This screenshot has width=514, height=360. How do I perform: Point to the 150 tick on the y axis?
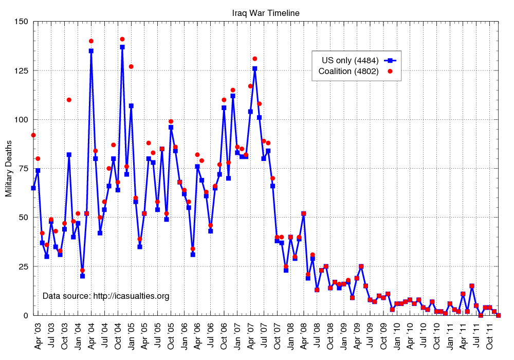[x=21, y=22]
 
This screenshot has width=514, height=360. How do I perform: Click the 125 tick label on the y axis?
[x=21, y=70]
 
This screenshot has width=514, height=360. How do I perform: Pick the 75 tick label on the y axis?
[x=23, y=168]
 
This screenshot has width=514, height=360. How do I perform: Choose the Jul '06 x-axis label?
[x=211, y=336]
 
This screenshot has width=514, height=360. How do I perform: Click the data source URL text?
[x=105, y=296]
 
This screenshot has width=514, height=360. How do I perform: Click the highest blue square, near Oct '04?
[x=122, y=47]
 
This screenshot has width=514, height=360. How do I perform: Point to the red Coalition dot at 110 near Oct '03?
[x=69, y=100]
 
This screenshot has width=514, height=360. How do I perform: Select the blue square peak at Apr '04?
[x=91, y=51]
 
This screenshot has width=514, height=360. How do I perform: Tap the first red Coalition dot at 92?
[x=33, y=135]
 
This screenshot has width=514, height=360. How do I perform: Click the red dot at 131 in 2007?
[x=254, y=59]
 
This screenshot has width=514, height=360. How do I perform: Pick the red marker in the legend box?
[x=390, y=71]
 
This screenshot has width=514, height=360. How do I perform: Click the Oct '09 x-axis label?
[x=383, y=336]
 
